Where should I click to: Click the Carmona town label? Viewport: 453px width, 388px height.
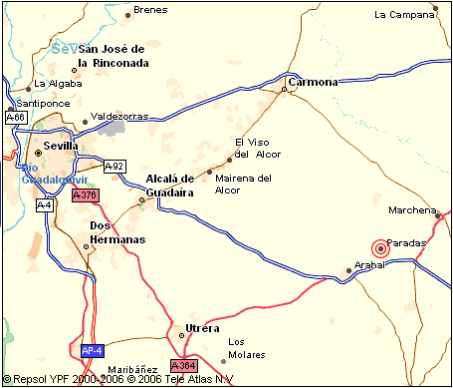tap(312, 81)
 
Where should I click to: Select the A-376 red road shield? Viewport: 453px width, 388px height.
tap(85, 195)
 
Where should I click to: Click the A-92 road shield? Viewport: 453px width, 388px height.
tap(114, 166)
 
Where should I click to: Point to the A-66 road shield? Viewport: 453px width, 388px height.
tap(16, 118)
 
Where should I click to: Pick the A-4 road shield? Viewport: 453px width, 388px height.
tap(44, 204)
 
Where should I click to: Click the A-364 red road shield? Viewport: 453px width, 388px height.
tap(184, 366)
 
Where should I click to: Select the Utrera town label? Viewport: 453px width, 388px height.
tap(202, 328)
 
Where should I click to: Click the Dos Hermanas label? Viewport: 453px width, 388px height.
tap(117, 232)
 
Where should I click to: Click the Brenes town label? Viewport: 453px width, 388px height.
tap(150, 9)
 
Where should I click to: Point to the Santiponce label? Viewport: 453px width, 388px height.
tap(43, 103)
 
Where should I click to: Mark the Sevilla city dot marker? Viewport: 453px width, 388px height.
tap(39, 153)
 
